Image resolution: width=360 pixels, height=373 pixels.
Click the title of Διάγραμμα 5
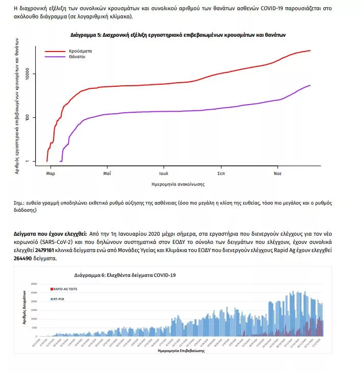point(178,35)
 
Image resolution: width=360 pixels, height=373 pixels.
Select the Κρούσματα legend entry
point(77,52)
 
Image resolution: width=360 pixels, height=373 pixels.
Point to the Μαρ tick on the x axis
point(50,173)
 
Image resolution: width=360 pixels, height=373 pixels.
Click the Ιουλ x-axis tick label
point(164,173)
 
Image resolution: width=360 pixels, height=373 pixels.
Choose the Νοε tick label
point(277,173)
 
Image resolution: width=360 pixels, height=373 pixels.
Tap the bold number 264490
point(24,259)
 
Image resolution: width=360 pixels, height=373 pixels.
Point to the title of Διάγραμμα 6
point(125,275)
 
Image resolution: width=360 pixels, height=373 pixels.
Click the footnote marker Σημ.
point(19,203)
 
